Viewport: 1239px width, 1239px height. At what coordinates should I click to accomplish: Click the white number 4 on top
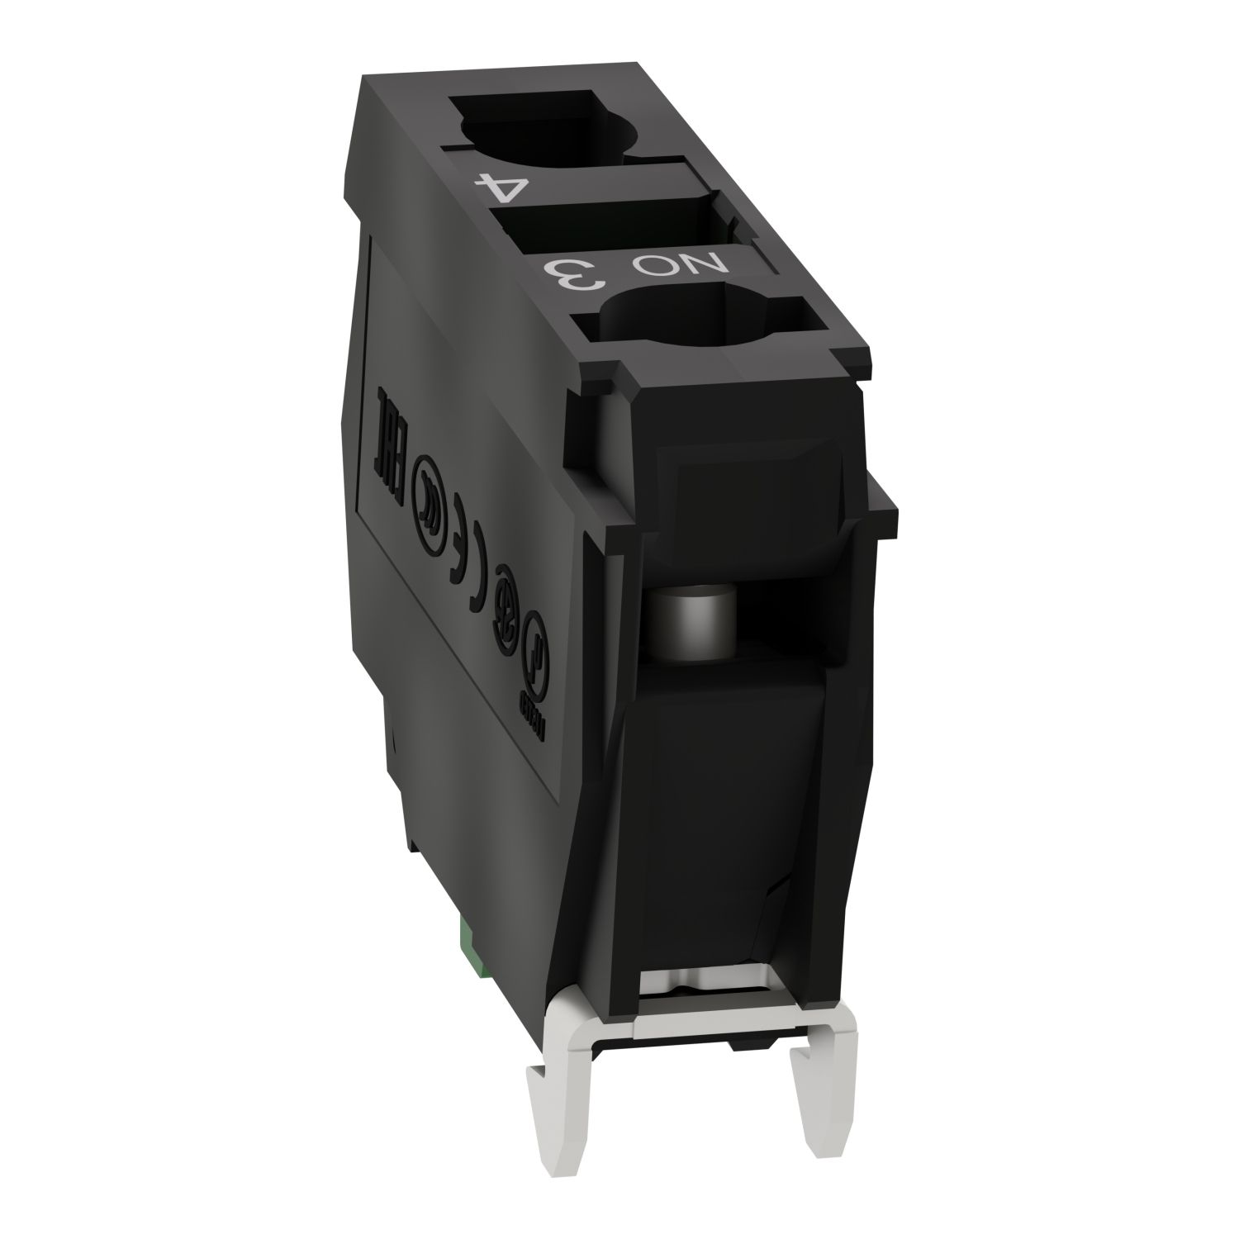pyautogui.click(x=501, y=186)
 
